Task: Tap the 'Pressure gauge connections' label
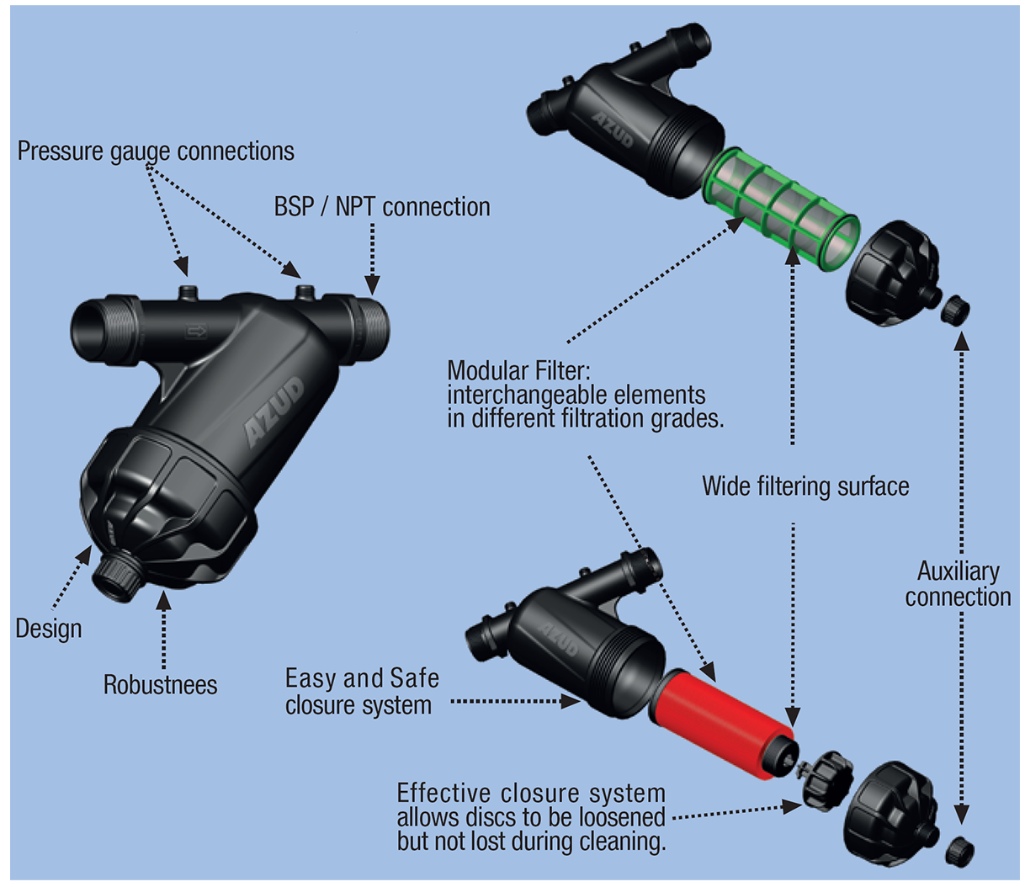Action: tap(156, 151)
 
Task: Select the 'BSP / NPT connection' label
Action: tap(382, 207)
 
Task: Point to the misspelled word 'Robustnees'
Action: tap(160, 685)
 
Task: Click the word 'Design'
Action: tap(49, 629)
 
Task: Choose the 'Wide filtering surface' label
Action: tap(805, 486)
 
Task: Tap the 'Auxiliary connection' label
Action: tap(958, 584)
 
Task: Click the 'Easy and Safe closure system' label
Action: tap(362, 691)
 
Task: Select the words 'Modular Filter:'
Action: tap(518, 370)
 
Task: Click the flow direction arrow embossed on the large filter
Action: tap(196, 332)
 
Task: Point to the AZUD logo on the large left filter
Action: tap(274, 412)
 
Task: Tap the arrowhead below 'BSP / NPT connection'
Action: tap(372, 287)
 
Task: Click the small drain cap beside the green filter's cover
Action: tap(955, 311)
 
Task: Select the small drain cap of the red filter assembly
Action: tap(959, 852)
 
